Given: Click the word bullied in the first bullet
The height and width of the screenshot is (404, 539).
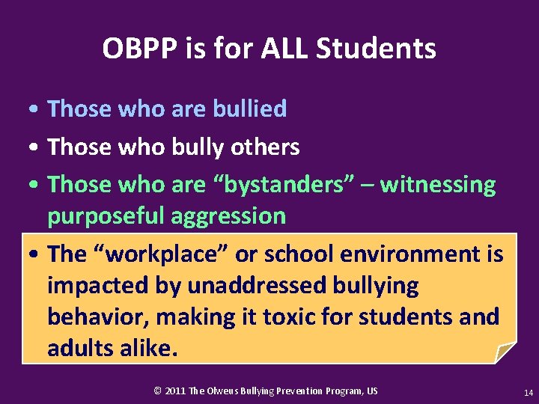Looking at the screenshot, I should pyautogui.click(x=249, y=109).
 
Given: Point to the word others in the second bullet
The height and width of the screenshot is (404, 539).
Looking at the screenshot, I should pyautogui.click(x=264, y=147).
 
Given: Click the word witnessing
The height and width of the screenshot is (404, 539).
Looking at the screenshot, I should pyautogui.click(x=438, y=184).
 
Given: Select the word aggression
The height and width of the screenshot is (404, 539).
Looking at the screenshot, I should pyautogui.click(x=228, y=216).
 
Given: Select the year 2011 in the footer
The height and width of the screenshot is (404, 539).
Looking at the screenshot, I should pyautogui.click(x=175, y=391).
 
